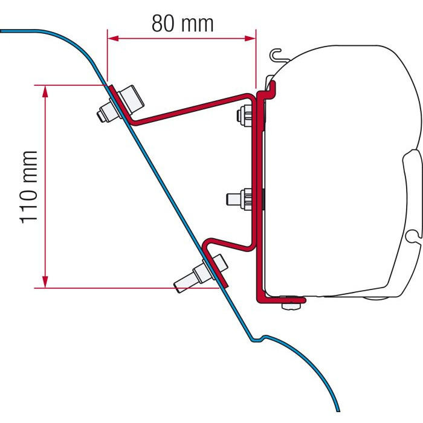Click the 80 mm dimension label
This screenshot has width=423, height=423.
pos(182,24)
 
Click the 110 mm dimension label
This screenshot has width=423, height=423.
pos(28,187)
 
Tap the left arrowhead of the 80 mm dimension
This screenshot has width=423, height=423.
pos(114,38)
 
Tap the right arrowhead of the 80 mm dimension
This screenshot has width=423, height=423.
pos(250,38)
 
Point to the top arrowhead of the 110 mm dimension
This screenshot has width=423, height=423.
pos(45,91)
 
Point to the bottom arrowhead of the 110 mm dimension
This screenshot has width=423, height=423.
pos(45,282)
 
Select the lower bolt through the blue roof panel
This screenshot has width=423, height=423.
pos(201,274)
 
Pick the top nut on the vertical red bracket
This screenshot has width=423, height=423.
pos(245,115)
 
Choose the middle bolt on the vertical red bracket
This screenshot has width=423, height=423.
pos(239,199)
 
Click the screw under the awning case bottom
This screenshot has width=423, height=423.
pos(291,305)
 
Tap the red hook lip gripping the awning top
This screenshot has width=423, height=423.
pos(271,89)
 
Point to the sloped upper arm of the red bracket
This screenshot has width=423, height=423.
pos(189,110)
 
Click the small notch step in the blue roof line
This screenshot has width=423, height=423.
pos(258,338)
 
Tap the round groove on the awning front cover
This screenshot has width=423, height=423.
pos(412,234)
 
